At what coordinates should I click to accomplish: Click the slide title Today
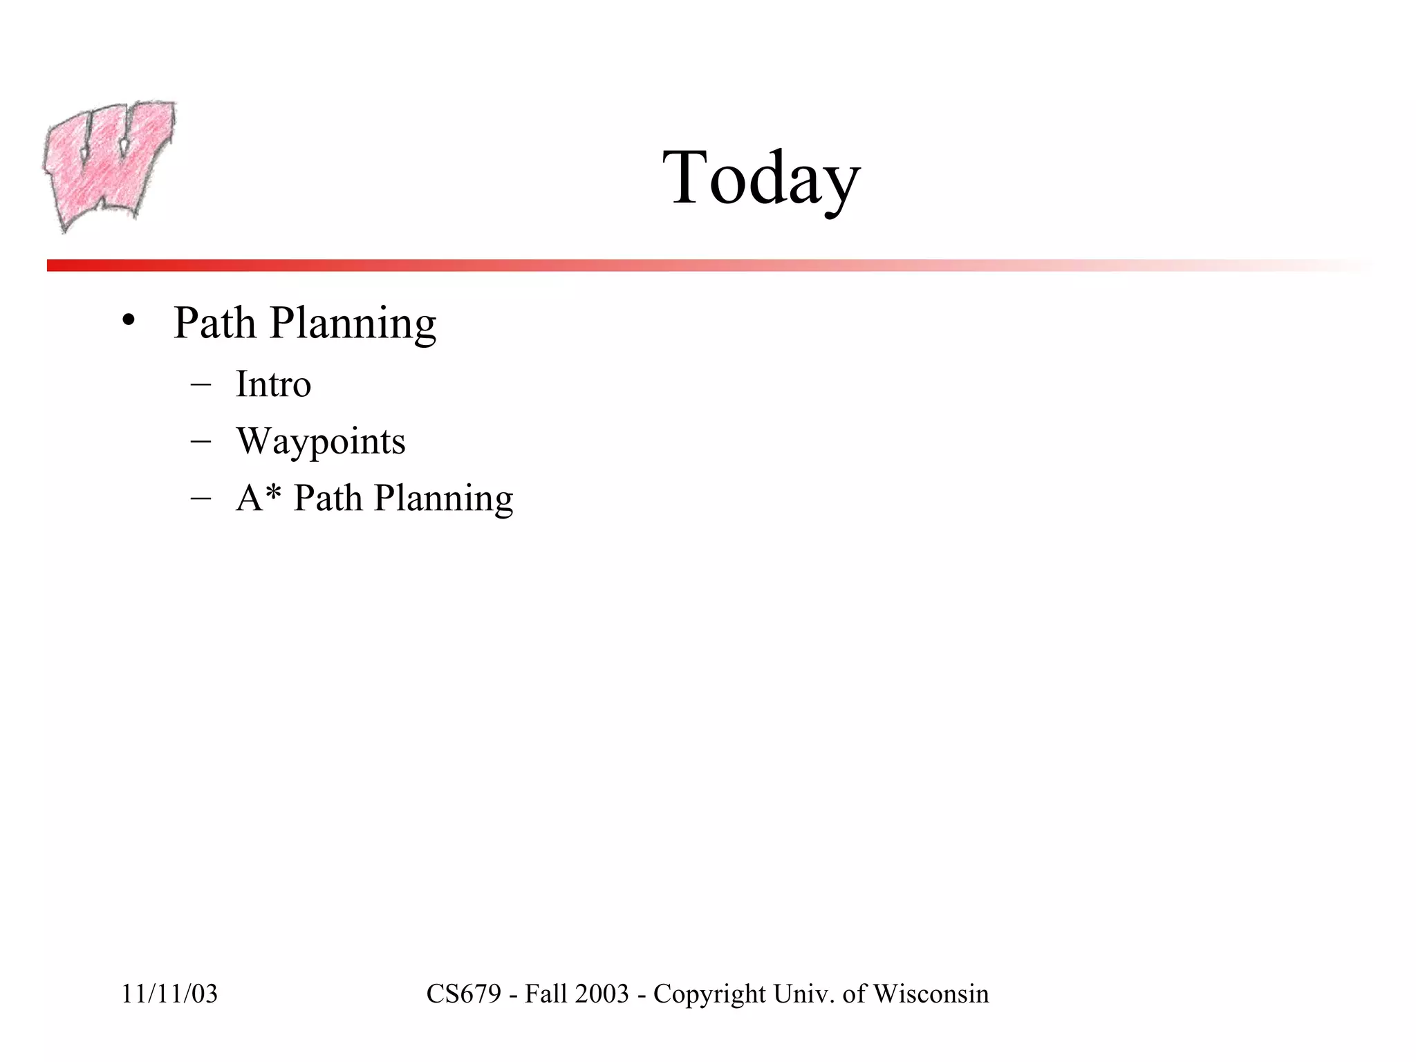coord(761,178)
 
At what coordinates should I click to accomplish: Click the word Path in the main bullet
coord(214,323)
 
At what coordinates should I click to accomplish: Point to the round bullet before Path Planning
coord(127,320)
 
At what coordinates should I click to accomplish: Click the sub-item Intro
coord(273,384)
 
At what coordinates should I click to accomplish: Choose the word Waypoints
coord(321,442)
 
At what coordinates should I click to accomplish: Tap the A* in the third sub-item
coord(258,497)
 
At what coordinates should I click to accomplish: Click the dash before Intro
coord(200,385)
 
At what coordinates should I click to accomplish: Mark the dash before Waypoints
coord(200,442)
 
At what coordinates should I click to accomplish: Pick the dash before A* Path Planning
coord(200,499)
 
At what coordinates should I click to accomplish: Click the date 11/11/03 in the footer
coord(169,994)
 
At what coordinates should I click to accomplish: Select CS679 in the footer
coord(463,994)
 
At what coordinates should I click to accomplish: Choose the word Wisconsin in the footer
coord(931,994)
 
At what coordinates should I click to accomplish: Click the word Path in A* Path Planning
coord(328,498)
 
